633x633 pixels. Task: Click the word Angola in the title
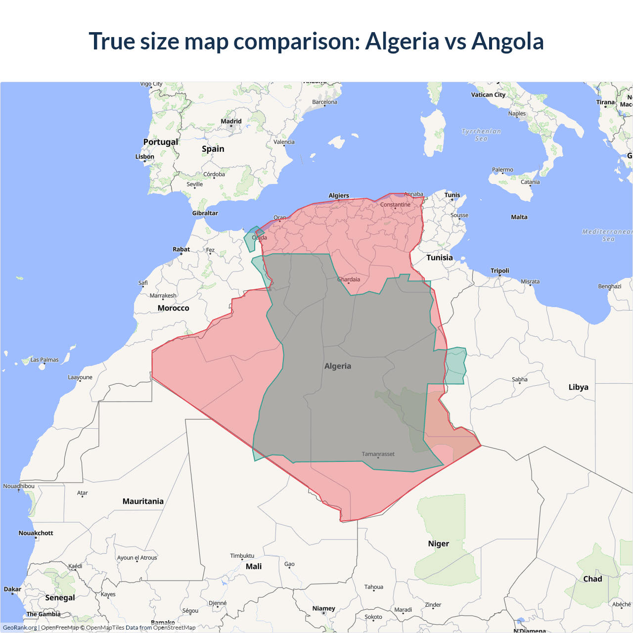coord(507,41)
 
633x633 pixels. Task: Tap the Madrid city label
coord(231,121)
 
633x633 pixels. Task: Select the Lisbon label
coord(145,157)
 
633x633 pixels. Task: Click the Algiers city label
coord(339,196)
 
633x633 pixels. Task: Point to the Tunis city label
coord(452,195)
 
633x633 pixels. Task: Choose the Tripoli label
coord(499,271)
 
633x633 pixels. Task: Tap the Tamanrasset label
coord(378,454)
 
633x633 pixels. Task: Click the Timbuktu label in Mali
coord(242,556)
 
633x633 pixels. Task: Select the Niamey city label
coord(323,608)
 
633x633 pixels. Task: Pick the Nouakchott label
coord(36,533)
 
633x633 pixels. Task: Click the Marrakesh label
coord(163,296)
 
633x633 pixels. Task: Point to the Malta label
coord(519,217)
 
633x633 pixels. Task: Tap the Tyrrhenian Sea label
coord(481,135)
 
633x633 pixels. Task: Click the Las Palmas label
coord(45,360)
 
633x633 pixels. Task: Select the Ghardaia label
coord(349,279)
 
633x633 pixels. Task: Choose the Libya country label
coord(578,387)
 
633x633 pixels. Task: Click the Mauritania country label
coord(143,501)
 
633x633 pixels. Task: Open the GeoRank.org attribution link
coord(20,628)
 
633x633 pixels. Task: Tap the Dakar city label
coord(12,589)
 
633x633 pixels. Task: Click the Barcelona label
coord(324,102)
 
